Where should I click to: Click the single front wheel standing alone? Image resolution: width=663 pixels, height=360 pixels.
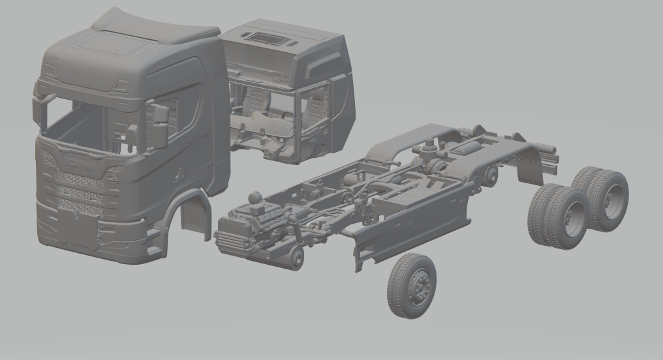[411, 286]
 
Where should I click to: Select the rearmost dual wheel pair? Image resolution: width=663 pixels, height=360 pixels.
[602, 198]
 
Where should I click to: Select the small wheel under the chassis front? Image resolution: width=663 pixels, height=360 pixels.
[294, 258]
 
